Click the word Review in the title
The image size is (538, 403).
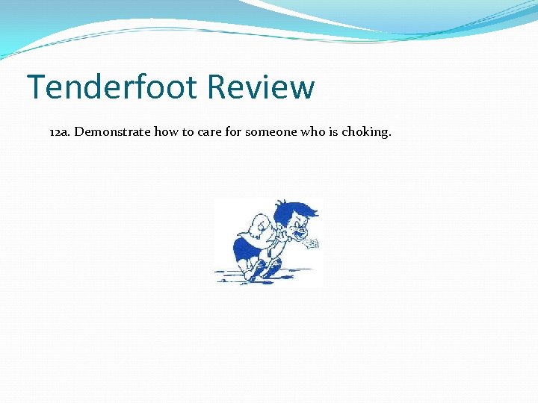click(x=261, y=87)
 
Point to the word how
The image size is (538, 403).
click(x=165, y=132)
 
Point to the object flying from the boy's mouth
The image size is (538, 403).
click(x=312, y=243)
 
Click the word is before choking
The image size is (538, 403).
click(x=334, y=132)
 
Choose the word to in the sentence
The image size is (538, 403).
click(x=185, y=132)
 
